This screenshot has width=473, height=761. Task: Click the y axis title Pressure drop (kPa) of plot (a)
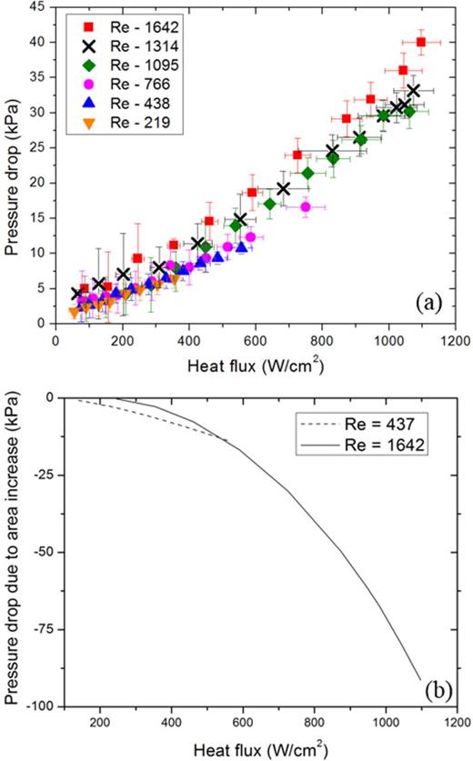coord(14,164)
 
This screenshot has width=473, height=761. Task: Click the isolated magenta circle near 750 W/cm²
coord(306,206)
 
